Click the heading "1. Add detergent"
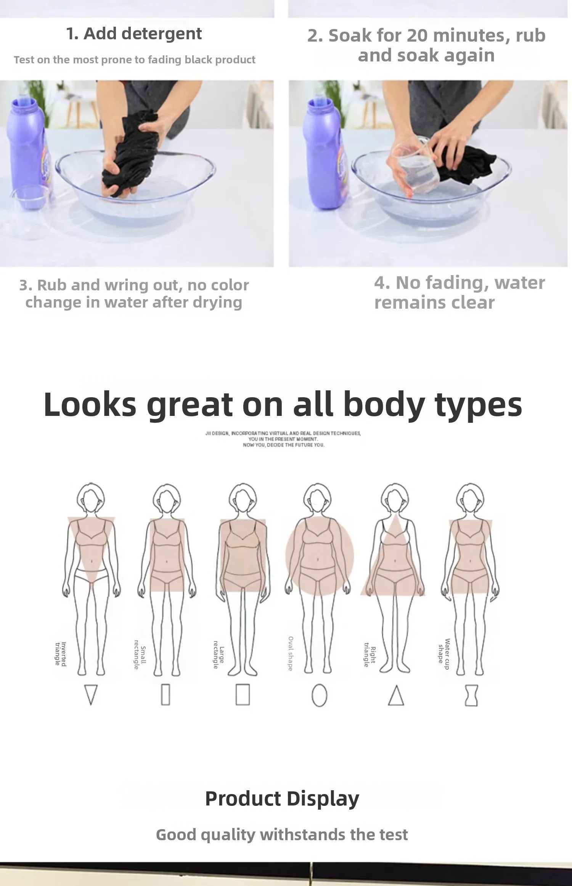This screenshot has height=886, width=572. point(134,34)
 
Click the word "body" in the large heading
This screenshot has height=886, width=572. point(383,405)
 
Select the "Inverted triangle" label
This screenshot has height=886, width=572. point(61,654)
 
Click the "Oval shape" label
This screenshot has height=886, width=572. point(291,654)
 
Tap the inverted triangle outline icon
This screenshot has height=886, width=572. point(91,694)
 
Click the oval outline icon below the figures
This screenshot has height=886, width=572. point(319,695)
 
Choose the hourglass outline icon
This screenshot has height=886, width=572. point(471,695)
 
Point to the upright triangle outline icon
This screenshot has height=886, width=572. point(396,695)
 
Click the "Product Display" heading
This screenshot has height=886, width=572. point(282,798)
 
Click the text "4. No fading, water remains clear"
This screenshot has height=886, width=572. point(460,292)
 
